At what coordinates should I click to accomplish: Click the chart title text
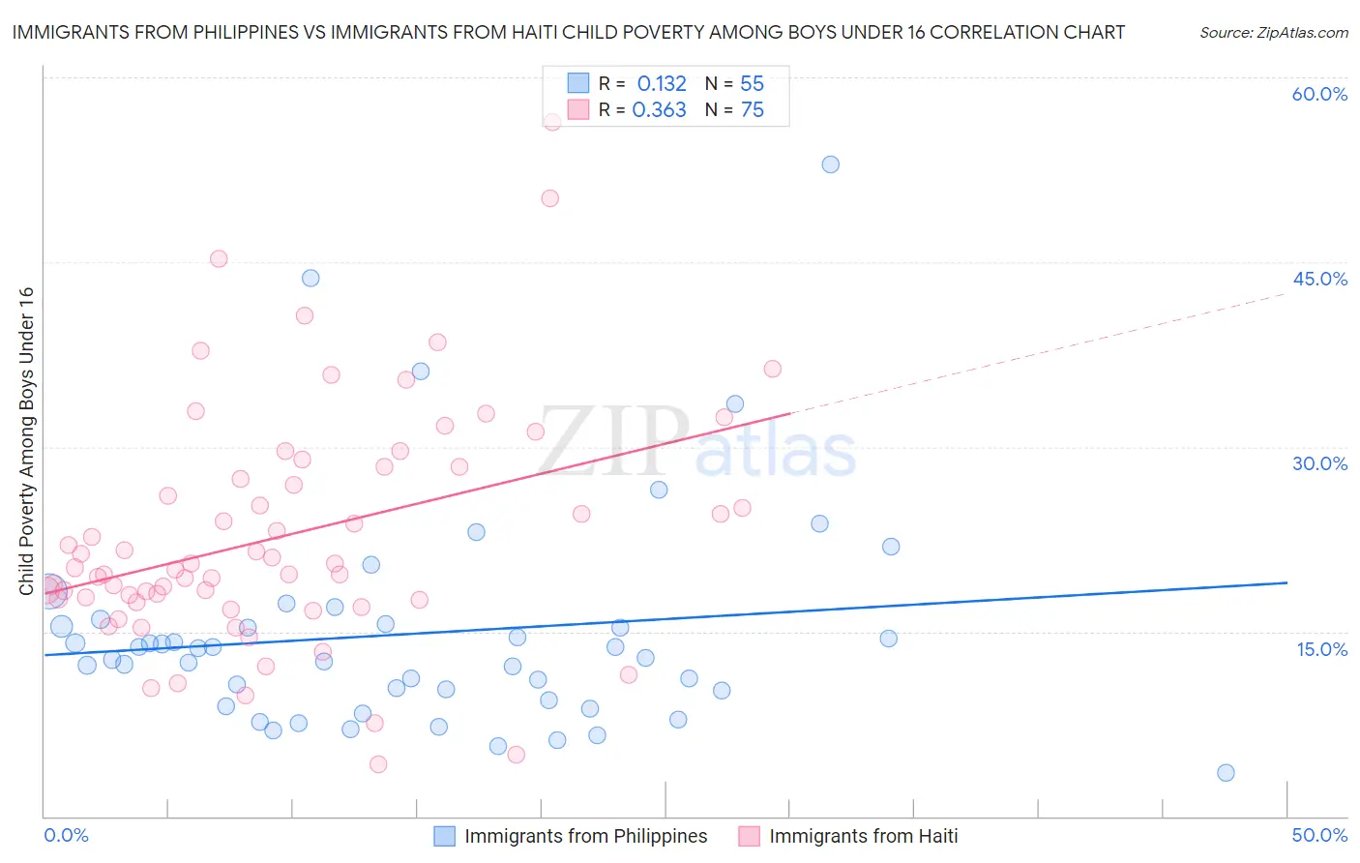568,32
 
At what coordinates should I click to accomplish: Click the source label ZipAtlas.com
1273,32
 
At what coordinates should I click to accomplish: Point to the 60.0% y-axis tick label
1319,94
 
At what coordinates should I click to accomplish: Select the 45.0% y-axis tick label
1319,279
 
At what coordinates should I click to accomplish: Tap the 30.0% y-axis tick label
1319,463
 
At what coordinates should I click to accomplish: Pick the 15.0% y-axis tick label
1321,648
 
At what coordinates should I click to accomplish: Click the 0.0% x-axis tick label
66,835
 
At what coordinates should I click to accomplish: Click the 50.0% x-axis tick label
1319,835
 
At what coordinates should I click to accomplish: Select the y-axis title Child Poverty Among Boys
26,441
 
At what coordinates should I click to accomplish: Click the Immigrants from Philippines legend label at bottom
585,836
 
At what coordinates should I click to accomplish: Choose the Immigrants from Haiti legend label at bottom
863,836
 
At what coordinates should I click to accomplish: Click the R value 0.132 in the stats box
662,84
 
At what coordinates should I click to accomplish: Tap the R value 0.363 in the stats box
659,110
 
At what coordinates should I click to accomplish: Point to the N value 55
752,84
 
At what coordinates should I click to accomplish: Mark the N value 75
752,110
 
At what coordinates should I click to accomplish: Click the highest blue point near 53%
830,164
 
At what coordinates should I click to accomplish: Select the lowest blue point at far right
1226,772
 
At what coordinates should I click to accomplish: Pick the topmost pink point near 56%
552,122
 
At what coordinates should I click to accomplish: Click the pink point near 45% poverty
219,258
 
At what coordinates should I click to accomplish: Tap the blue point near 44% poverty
310,278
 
